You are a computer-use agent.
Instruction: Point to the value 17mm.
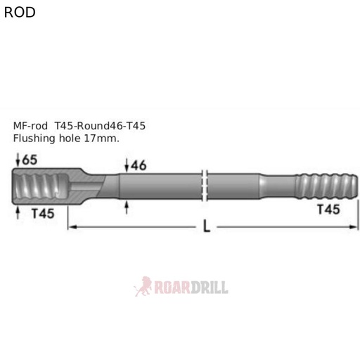(103, 138)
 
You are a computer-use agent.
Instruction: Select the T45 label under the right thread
(330, 209)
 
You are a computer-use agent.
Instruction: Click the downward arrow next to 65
(17, 160)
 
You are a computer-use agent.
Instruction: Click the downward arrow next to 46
(127, 166)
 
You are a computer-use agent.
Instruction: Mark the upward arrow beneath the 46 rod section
(127, 205)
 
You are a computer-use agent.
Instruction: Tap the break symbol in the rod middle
(205, 186)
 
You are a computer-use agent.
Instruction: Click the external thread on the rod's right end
(320, 187)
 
